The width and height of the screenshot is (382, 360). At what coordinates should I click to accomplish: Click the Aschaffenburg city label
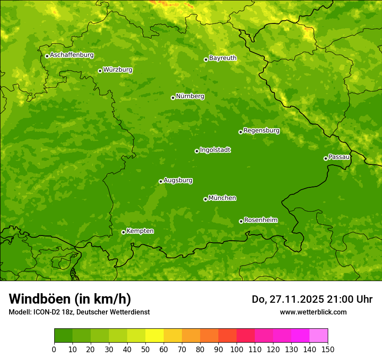click(x=72, y=55)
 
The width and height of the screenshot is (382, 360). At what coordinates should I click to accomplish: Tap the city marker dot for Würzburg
click(x=100, y=71)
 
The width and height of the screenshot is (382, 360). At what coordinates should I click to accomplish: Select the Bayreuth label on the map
click(x=223, y=58)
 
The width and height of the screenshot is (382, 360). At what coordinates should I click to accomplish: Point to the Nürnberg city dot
click(x=173, y=98)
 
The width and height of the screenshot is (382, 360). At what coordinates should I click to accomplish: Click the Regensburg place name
click(x=261, y=130)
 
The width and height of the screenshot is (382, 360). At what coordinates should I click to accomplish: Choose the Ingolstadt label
click(x=215, y=150)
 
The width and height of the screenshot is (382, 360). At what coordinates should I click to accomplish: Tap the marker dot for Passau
click(x=326, y=158)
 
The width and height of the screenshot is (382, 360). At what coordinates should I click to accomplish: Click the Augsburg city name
click(x=178, y=180)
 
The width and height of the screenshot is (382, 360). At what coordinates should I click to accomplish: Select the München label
click(x=222, y=198)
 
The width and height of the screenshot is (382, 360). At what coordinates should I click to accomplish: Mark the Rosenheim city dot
click(x=241, y=221)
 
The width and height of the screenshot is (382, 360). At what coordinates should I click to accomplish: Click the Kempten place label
click(x=140, y=231)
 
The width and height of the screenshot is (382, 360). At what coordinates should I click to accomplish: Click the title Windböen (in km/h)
click(x=69, y=299)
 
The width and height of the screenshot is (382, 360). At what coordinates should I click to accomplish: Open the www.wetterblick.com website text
click(x=313, y=312)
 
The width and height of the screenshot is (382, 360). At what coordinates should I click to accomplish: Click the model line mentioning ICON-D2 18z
click(x=79, y=312)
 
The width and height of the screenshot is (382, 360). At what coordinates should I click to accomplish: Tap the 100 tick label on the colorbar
click(x=237, y=349)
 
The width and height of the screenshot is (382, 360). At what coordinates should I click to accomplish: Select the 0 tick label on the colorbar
click(x=54, y=349)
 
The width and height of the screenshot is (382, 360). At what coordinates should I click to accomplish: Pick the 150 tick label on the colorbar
click(x=328, y=349)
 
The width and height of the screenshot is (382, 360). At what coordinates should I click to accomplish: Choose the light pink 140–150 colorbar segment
click(x=319, y=336)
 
